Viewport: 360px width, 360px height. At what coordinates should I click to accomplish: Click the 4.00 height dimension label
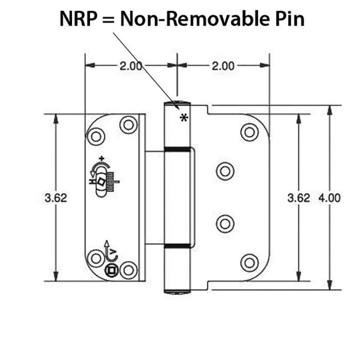point(330,198)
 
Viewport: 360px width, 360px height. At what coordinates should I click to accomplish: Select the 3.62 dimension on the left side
point(56,198)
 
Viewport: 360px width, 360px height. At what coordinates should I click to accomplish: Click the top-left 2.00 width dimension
point(131,66)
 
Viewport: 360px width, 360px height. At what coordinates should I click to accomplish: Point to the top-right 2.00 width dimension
point(222,66)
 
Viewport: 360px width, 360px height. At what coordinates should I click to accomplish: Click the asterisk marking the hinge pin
point(184,118)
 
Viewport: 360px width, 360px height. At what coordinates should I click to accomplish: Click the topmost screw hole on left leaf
point(128,124)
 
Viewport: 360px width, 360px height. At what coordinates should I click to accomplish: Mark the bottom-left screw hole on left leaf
point(96,258)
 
